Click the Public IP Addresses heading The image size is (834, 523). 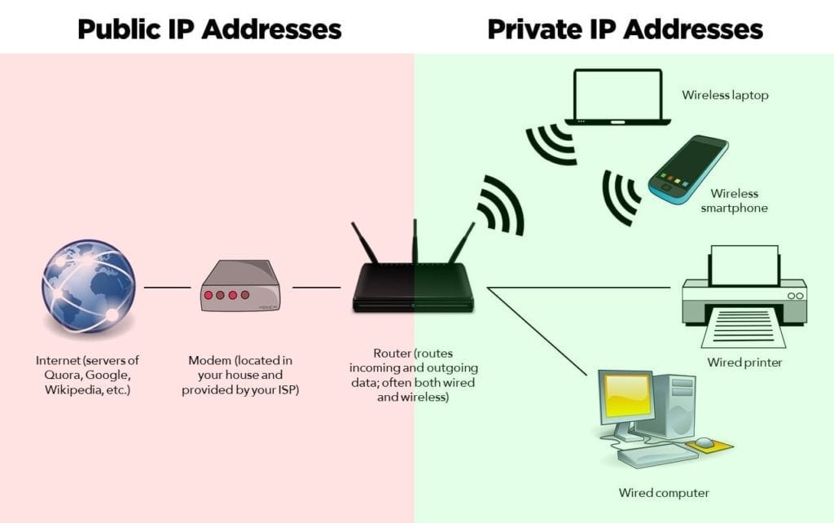[208, 29]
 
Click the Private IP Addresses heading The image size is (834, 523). [625, 29]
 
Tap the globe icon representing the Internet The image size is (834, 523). [88, 286]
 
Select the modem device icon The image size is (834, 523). [239, 287]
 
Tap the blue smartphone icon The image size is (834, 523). [688, 169]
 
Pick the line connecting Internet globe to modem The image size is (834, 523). [167, 288]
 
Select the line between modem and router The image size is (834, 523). [316, 288]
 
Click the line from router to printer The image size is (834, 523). [582, 288]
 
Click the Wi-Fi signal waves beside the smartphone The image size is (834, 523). [620, 196]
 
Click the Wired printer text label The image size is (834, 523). [744, 362]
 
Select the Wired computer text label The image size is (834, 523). [664, 492]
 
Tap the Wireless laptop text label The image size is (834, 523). [725, 95]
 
